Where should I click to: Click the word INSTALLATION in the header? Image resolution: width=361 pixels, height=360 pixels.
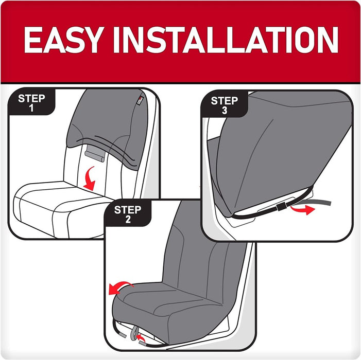point(226,40)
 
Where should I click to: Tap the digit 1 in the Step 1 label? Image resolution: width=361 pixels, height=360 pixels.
point(31,108)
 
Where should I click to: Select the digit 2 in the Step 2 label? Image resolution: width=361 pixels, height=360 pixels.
point(128,219)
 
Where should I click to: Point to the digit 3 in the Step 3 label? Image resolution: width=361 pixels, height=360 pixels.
point(225,111)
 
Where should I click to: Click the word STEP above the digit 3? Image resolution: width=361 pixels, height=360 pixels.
point(224,101)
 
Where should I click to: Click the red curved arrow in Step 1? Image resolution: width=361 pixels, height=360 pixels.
point(90,179)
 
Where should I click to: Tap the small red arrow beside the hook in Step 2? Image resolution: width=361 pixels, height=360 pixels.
point(141,338)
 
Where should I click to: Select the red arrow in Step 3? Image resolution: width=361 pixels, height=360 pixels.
point(303,209)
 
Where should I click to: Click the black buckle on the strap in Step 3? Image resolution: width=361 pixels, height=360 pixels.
point(281,207)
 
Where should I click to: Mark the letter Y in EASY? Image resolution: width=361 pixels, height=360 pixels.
point(92,40)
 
